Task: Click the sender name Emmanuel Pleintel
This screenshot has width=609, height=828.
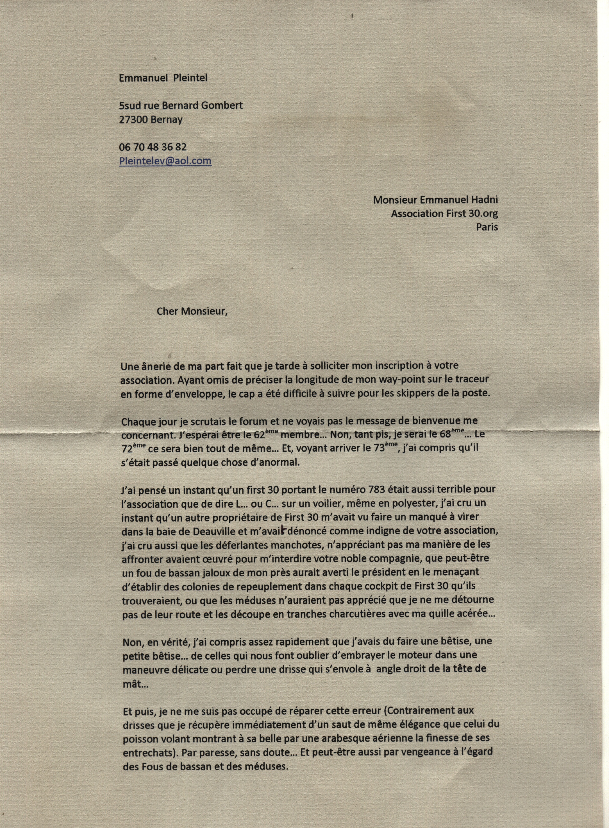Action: click(163, 78)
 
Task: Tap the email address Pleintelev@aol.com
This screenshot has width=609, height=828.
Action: click(165, 161)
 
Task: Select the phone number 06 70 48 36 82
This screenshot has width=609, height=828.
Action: click(152, 147)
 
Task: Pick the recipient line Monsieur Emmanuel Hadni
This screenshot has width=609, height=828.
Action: click(435, 200)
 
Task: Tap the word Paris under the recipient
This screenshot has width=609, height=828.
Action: click(487, 227)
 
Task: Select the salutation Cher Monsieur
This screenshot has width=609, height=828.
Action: click(192, 312)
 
